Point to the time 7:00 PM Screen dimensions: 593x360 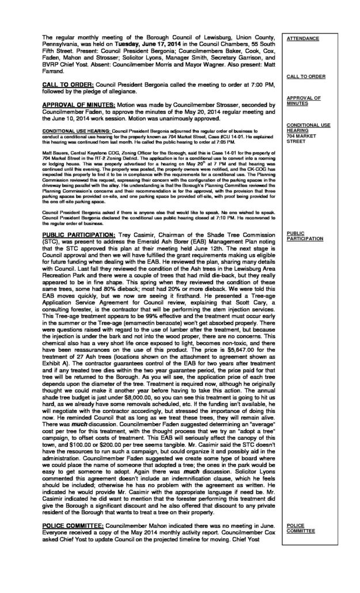pyautogui.click(x=229, y=84)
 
